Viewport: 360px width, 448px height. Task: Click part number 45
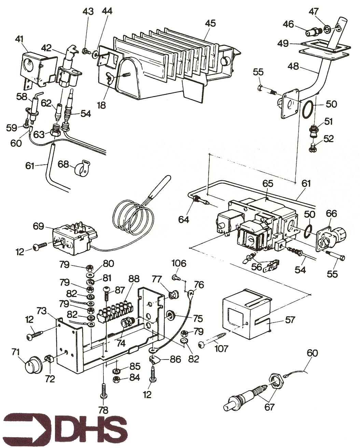210,23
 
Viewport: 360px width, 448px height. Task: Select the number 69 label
39,226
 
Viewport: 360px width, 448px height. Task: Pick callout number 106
179,263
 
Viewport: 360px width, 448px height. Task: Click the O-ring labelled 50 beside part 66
307,231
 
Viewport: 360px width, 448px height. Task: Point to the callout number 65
268,184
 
